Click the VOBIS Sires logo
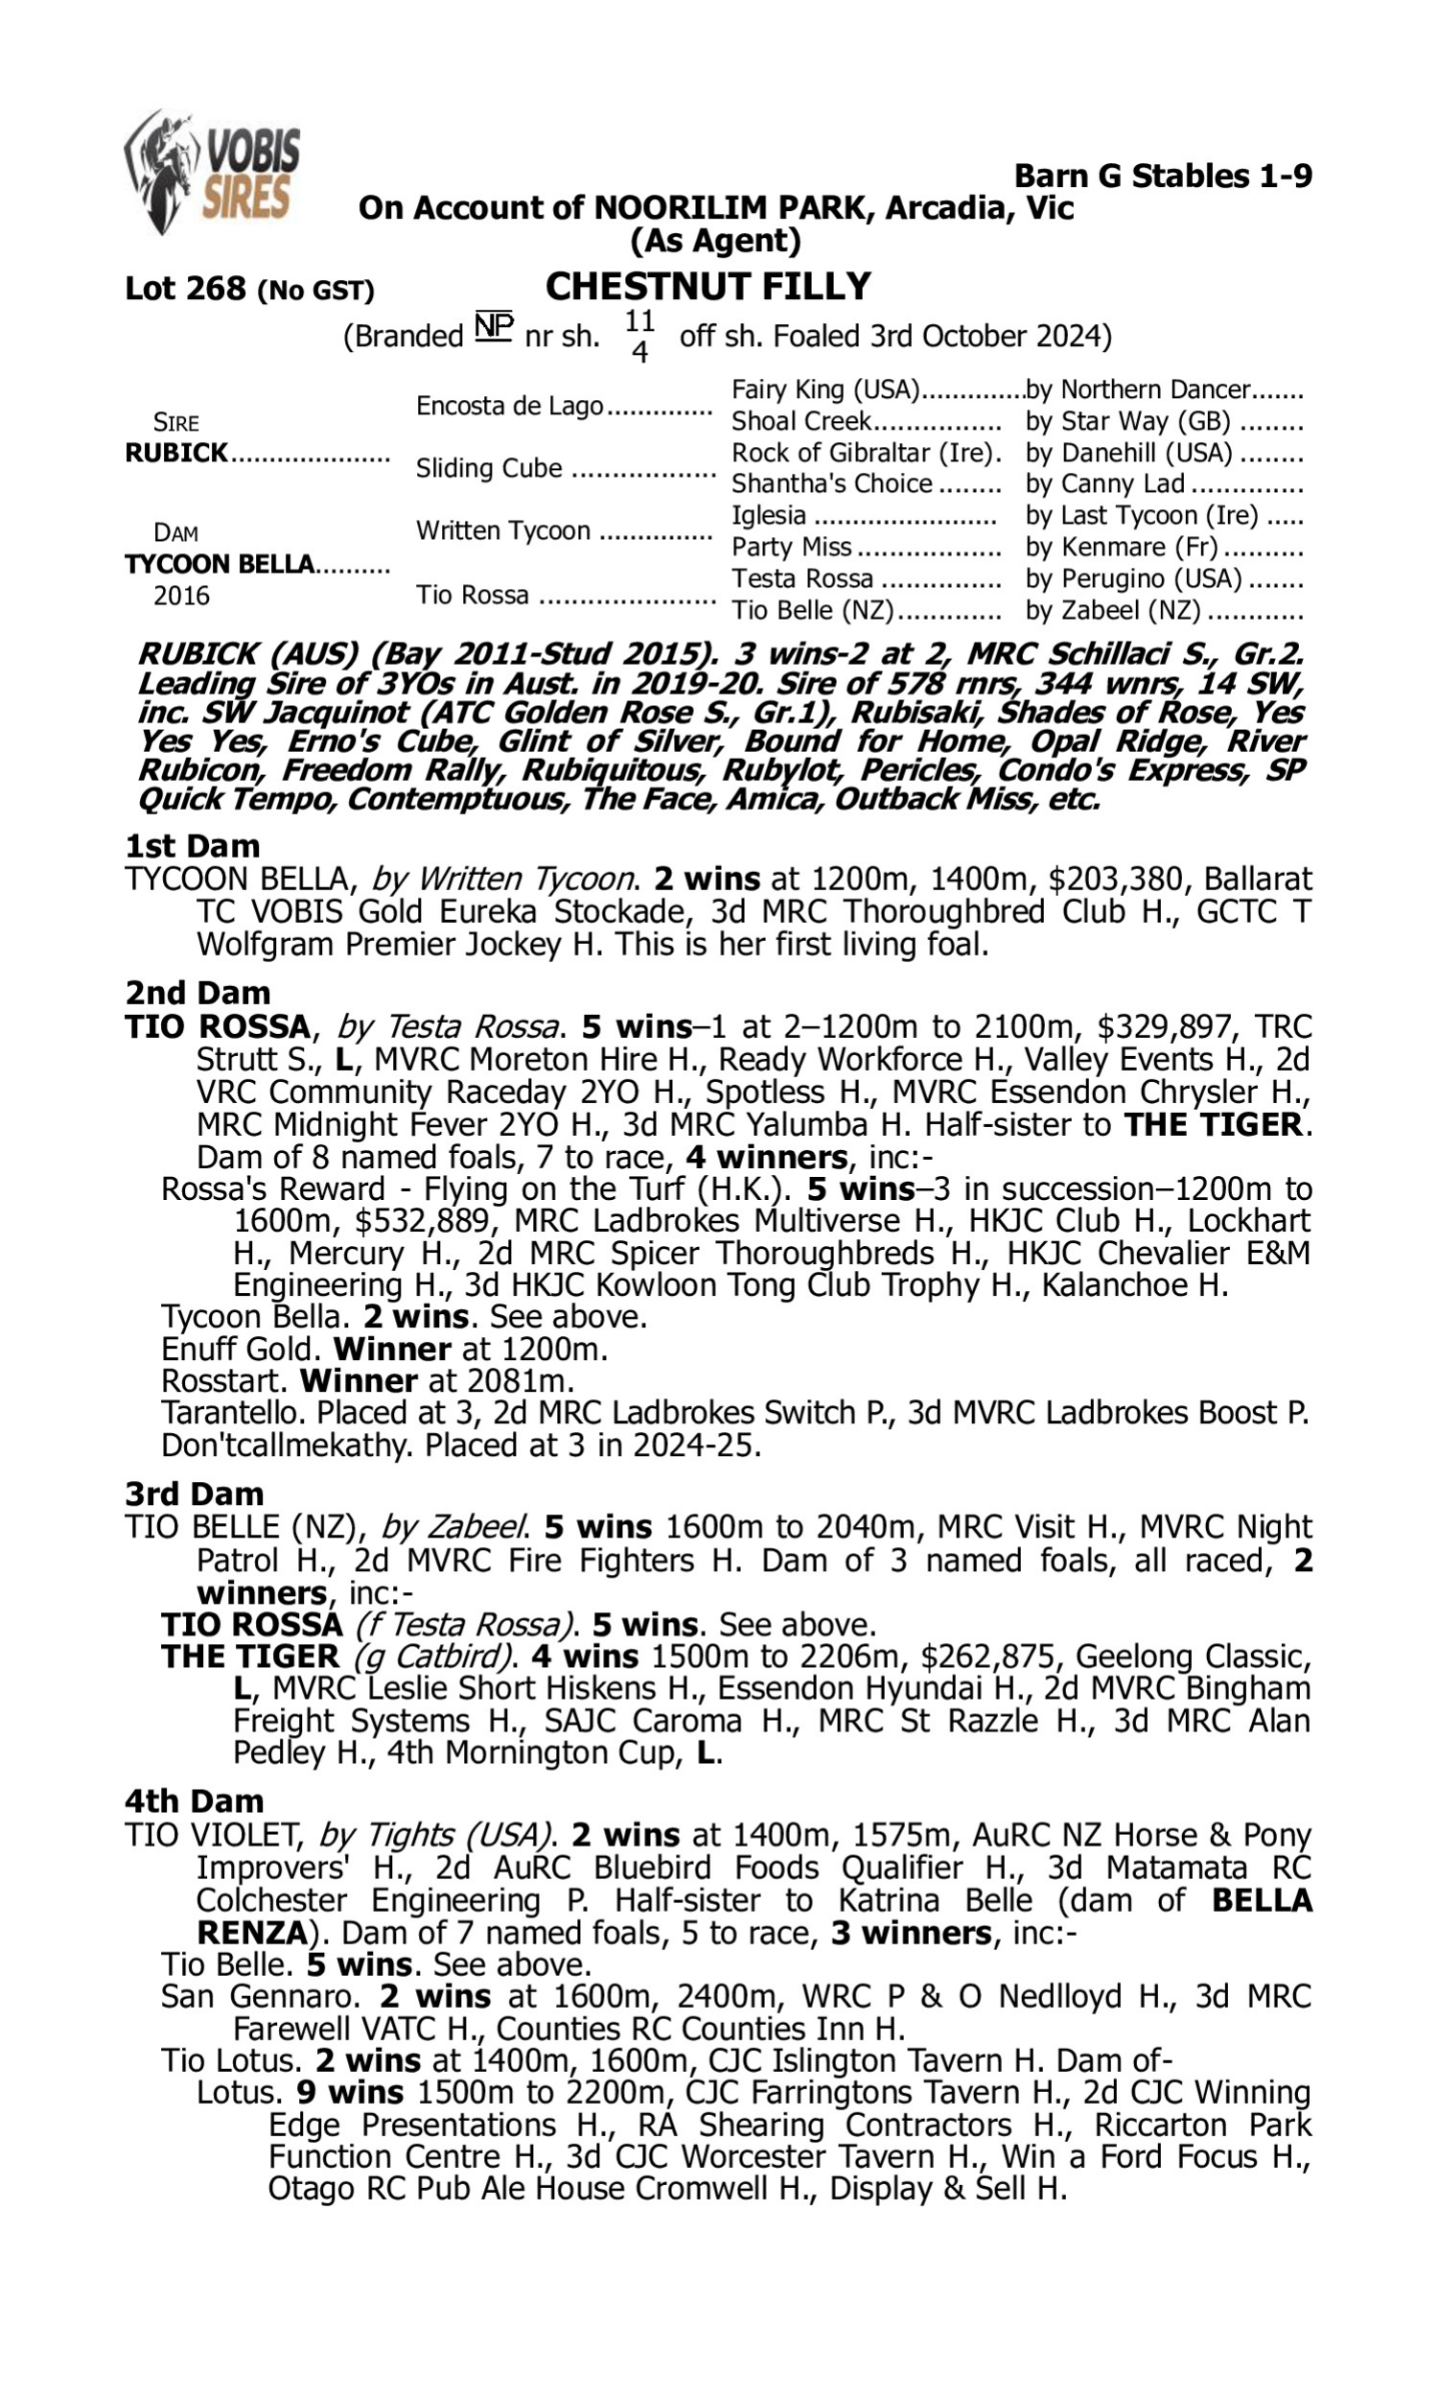(x=211, y=172)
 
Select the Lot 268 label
(x=185, y=289)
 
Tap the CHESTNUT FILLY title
(x=708, y=287)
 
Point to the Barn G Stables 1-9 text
(x=1163, y=176)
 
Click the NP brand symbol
(x=493, y=326)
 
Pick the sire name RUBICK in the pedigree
(x=176, y=454)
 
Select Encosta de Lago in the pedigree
(x=510, y=406)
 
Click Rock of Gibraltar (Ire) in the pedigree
(x=866, y=453)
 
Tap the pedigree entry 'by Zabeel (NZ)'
(x=1112, y=611)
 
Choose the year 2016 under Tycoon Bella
(x=181, y=595)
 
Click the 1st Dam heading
(x=192, y=846)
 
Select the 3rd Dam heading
(x=194, y=1493)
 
